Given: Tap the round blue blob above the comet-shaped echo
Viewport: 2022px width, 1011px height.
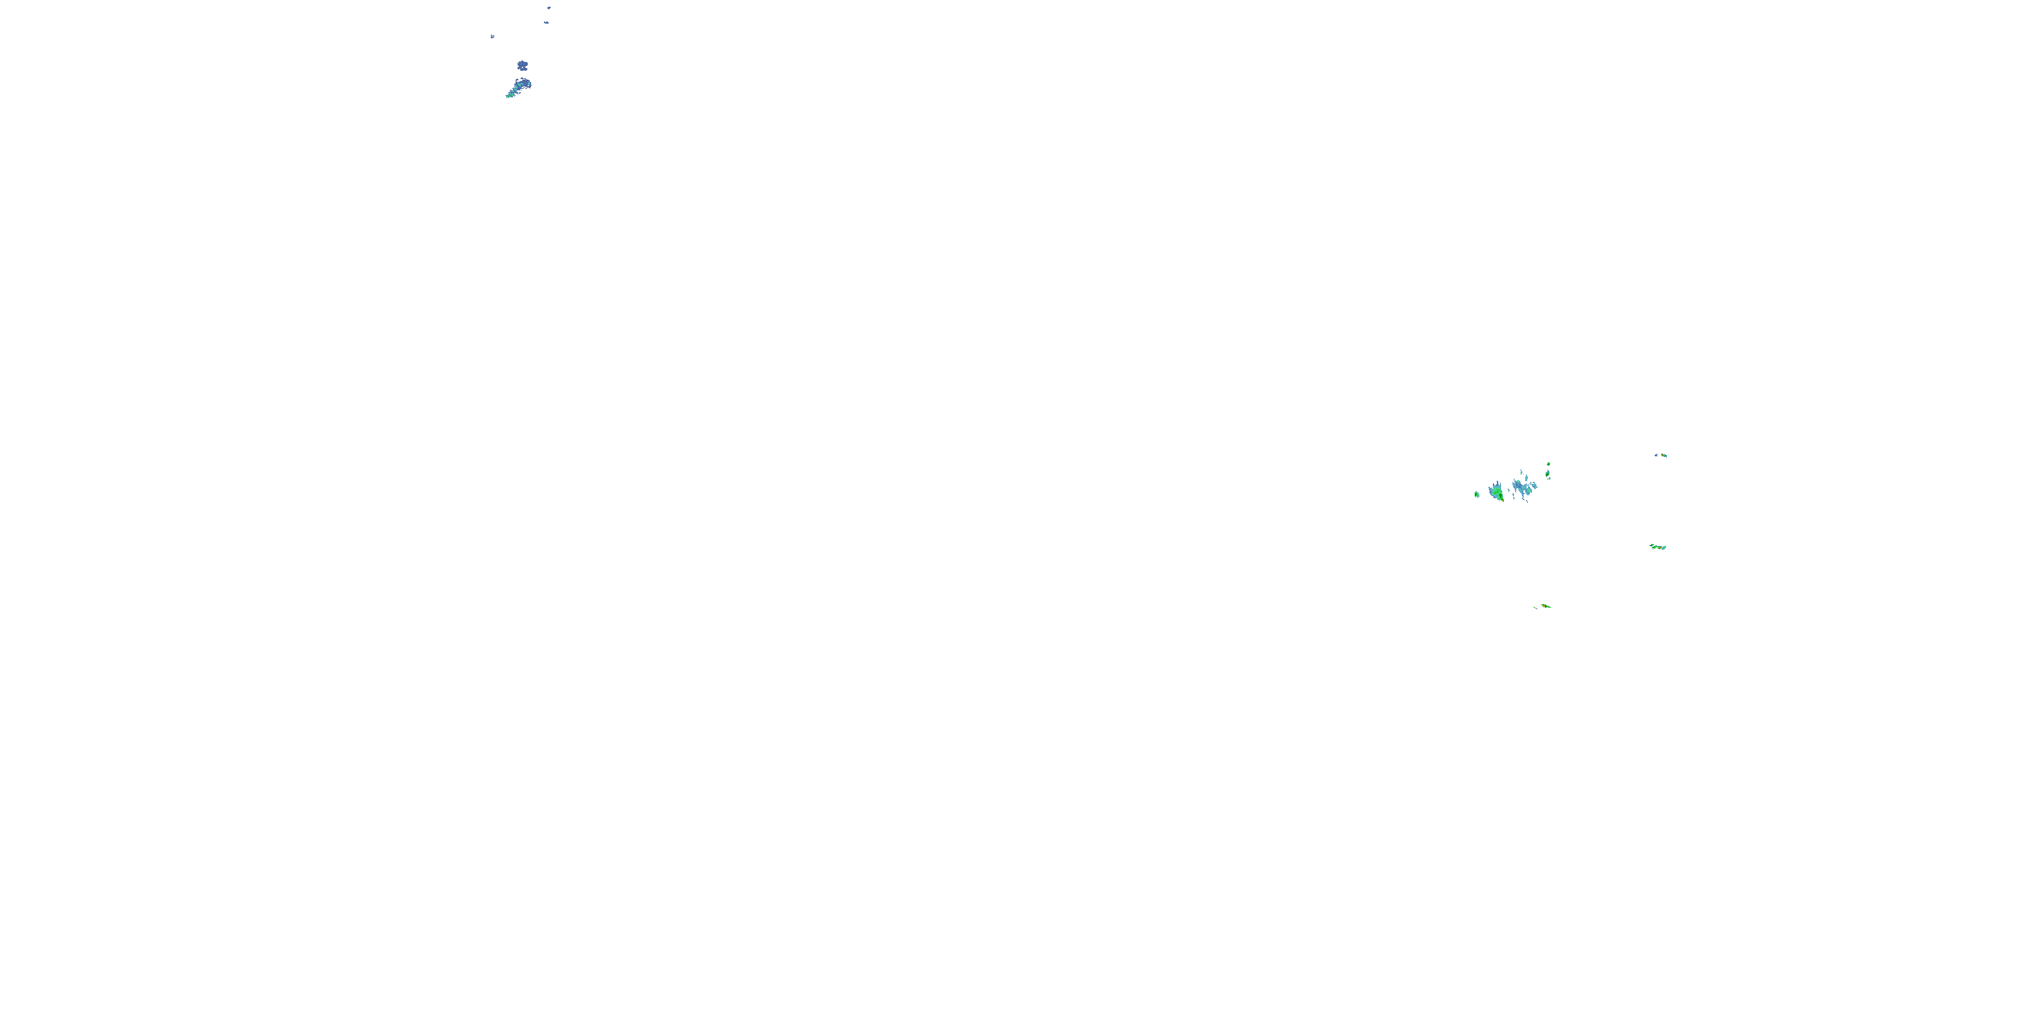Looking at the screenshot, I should tap(522, 65).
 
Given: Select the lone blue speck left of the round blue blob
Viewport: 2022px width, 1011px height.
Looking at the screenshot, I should tap(492, 36).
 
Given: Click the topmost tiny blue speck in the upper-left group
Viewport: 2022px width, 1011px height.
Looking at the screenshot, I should tap(549, 8).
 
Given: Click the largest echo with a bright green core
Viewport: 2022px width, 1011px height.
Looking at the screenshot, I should tap(1496, 492).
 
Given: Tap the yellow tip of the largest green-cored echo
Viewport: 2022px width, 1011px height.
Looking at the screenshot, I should tap(1502, 500).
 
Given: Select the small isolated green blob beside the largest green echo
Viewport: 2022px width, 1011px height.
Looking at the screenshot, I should tap(1477, 495).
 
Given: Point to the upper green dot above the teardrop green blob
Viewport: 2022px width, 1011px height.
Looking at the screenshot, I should tap(1549, 464).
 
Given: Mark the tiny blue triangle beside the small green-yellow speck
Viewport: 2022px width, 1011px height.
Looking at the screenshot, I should tap(1656, 455).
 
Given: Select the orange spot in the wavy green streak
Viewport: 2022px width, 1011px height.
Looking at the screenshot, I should tap(1659, 548).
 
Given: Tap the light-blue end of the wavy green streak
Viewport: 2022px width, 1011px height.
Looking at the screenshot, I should tap(1664, 548).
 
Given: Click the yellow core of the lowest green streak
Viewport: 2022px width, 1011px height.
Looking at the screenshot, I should tap(1545, 606).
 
